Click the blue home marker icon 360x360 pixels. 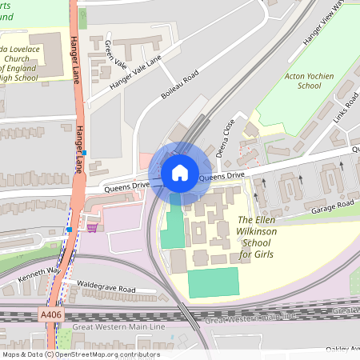click(x=179, y=172)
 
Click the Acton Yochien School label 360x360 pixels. click(x=298, y=79)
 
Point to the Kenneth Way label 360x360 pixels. click(x=39, y=274)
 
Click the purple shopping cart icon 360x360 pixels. click(x=93, y=228)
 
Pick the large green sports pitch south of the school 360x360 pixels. click(x=213, y=283)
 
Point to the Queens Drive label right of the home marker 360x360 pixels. click(x=222, y=176)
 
